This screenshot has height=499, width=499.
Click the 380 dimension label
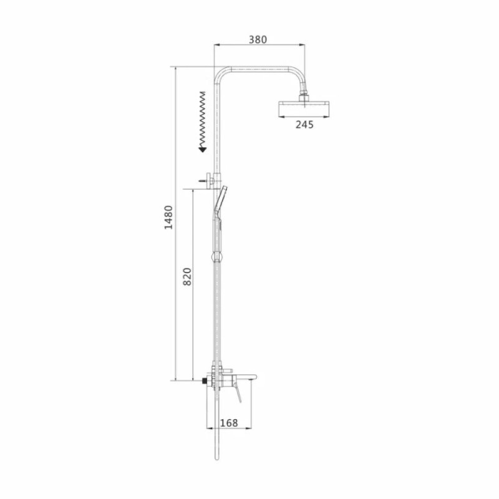coord(258,40)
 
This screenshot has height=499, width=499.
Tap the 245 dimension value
coord(304,124)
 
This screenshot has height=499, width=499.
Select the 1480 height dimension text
coord(168,217)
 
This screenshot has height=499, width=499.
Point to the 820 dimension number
coord(188,276)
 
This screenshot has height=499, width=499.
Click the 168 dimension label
coord(229,423)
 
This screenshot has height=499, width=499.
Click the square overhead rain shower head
coord(304,109)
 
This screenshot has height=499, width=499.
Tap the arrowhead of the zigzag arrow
coord(202,149)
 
